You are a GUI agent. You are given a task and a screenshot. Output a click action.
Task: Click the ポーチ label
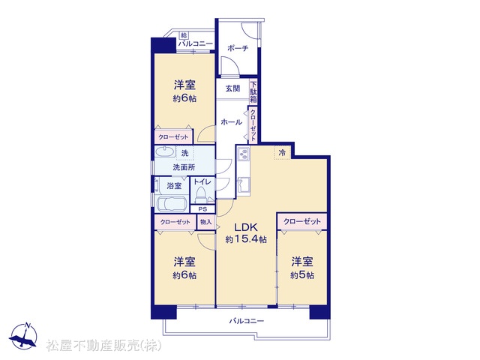238,48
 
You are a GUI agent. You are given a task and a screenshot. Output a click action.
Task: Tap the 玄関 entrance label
232,88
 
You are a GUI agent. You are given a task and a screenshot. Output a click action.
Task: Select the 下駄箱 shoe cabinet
253,91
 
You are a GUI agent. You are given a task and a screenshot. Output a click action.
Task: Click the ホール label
232,122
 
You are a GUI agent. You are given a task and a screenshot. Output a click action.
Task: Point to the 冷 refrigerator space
282,152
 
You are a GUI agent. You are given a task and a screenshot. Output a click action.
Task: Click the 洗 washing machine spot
185,153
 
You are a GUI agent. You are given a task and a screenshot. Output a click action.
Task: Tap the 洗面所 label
184,167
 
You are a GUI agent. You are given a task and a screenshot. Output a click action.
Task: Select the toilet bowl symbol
200,194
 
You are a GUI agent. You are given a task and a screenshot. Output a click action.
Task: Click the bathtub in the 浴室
172,203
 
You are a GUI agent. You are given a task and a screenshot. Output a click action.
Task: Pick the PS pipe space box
202,209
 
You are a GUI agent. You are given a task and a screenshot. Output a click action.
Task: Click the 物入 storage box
206,222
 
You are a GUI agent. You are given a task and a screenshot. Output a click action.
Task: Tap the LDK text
246,227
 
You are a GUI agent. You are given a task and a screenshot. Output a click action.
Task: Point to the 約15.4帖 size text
246,239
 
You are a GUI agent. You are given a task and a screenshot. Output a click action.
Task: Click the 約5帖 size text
301,275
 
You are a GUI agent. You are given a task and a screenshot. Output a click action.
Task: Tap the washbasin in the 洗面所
165,151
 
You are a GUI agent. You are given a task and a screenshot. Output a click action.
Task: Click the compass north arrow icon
23,336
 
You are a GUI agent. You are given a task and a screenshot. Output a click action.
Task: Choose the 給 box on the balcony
184,36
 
